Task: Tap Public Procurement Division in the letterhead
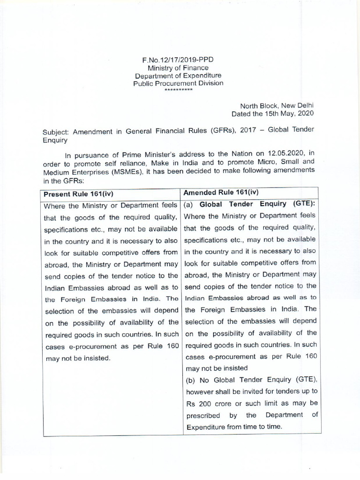pyautogui.click(x=178, y=83)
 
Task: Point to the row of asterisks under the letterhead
pyautogui.click(x=178, y=89)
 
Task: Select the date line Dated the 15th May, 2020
pyautogui.click(x=272, y=113)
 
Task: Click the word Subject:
pyautogui.click(x=56, y=132)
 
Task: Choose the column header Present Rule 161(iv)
pyautogui.click(x=78, y=193)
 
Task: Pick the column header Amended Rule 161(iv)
pyautogui.click(x=221, y=192)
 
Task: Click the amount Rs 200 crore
pyautogui.click(x=208, y=403)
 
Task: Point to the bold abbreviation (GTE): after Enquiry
pyautogui.click(x=304, y=204)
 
